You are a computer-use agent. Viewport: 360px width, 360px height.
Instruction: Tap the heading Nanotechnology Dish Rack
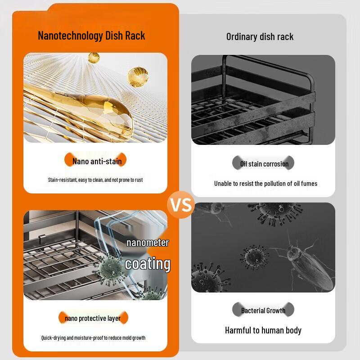point(91,36)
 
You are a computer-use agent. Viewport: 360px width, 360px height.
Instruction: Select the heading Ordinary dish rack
point(260,37)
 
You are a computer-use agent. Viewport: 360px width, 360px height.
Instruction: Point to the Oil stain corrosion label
point(264,164)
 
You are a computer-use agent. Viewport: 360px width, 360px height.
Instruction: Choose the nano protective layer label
point(93,319)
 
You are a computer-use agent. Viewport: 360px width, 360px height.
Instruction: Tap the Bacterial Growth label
point(263,310)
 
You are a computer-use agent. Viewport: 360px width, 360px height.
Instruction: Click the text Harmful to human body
point(263,330)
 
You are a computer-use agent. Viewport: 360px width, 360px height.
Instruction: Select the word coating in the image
point(148,264)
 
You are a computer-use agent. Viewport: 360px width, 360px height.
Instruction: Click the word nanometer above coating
point(147,243)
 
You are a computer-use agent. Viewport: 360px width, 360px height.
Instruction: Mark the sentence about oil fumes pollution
point(265,184)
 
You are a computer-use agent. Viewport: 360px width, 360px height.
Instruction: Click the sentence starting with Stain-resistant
point(95,180)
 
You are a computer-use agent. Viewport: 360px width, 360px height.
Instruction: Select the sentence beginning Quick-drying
point(93,338)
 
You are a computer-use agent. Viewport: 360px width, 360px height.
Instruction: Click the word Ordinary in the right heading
point(242,37)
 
